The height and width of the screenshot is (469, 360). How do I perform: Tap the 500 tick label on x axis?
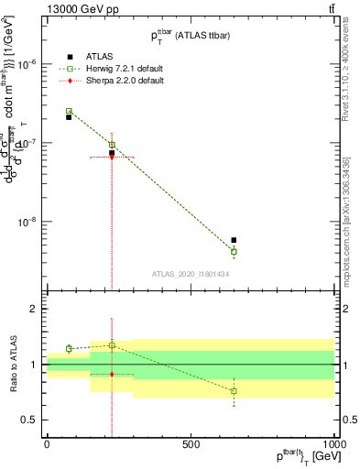coord(191,443)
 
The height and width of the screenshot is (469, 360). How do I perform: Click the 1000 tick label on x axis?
coord(333,443)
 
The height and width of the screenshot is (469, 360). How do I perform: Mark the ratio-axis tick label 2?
coord(34,310)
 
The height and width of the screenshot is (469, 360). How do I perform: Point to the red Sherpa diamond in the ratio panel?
coord(112,374)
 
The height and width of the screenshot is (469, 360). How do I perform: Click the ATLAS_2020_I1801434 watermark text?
coord(191,275)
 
